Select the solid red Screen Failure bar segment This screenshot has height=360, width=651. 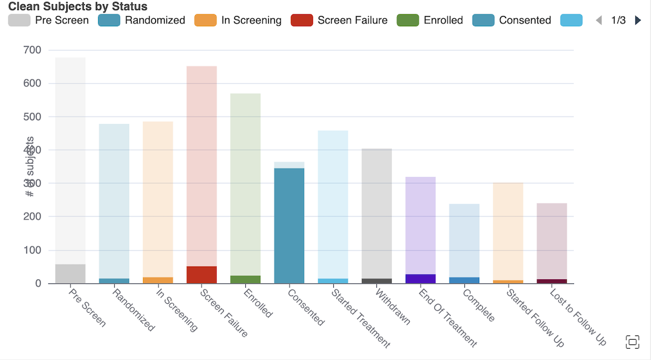(202, 274)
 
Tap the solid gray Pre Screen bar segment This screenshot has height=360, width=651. (70, 273)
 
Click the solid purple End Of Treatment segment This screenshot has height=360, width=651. (421, 279)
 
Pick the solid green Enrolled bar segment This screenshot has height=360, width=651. (245, 279)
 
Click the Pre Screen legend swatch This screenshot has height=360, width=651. (19, 20)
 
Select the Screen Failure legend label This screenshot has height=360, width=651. (352, 20)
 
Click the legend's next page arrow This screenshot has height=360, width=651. (638, 20)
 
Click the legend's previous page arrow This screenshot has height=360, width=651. (598, 20)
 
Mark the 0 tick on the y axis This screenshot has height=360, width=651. (38, 283)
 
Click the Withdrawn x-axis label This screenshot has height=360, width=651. (393, 307)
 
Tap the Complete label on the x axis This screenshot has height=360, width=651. (479, 306)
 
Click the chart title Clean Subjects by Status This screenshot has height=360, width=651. (78, 7)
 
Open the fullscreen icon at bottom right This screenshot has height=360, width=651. (632, 342)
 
